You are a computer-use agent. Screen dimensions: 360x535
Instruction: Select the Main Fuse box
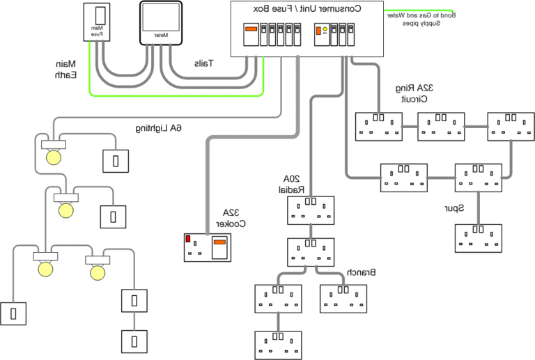click(97, 24)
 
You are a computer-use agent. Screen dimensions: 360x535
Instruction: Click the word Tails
click(203, 63)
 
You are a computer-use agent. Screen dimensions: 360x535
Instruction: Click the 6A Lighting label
click(158, 128)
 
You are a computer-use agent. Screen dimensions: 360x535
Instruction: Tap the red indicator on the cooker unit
click(188, 239)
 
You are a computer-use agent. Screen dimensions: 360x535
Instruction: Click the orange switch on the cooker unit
click(219, 243)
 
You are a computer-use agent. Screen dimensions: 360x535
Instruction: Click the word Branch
click(362, 272)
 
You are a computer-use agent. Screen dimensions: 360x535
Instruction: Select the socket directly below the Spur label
click(479, 238)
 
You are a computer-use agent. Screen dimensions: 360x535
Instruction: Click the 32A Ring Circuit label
click(416, 93)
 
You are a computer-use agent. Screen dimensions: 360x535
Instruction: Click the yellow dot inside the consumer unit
click(325, 29)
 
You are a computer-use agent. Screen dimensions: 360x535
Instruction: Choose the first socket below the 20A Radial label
click(311, 210)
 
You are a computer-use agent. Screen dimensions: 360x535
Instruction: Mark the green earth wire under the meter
click(174, 94)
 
